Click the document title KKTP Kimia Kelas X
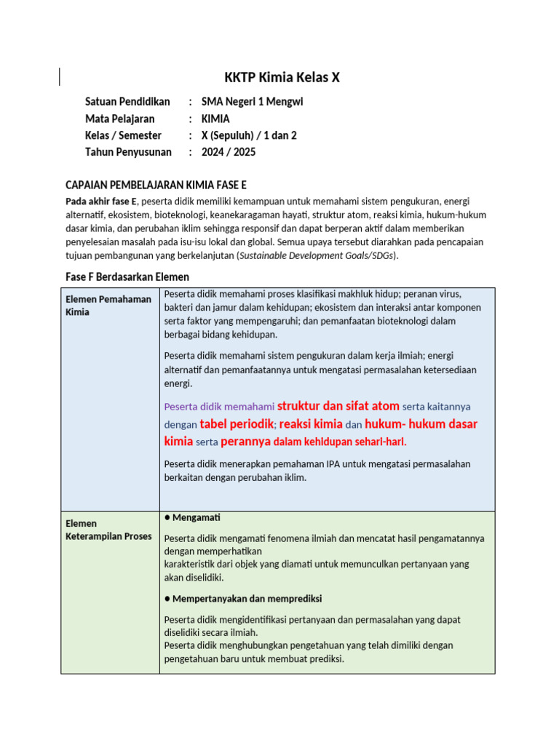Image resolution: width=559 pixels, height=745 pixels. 280,78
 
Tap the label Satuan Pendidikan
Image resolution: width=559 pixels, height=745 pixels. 127,102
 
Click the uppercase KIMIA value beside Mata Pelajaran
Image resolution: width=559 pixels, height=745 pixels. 215,119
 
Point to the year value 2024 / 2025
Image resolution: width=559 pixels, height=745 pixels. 229,152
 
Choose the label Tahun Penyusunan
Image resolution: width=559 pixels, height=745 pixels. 128,152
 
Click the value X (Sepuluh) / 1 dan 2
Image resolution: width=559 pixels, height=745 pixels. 249,135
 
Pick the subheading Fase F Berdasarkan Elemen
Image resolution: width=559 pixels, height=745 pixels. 127,276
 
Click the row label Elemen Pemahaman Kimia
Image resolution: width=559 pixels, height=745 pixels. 108,306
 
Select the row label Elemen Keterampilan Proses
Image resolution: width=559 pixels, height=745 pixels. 108,530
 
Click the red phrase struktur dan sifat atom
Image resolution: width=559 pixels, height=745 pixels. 338,406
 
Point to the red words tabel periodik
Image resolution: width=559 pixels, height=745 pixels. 237,424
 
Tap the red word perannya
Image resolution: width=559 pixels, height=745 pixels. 245,442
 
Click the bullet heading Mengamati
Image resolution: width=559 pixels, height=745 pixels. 196,517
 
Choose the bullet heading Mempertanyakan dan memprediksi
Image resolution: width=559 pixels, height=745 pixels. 247,599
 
